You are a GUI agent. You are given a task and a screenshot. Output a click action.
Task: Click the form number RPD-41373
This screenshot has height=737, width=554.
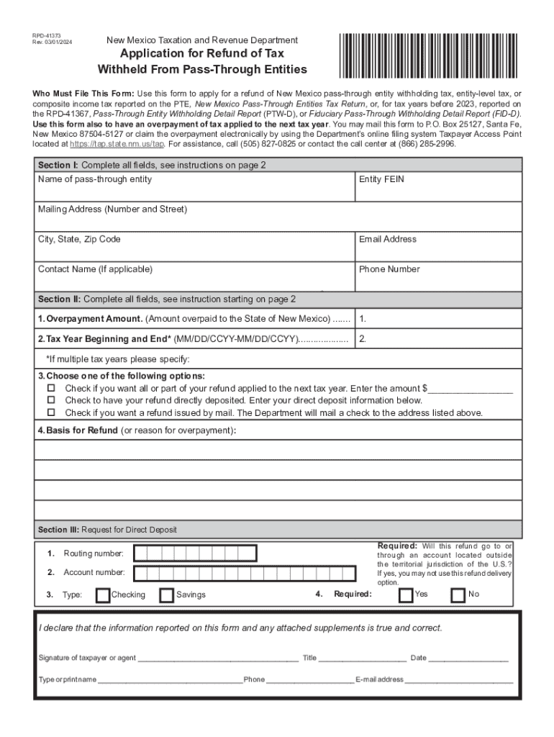[47, 35]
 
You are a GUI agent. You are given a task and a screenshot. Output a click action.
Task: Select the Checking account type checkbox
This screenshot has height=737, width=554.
[103, 594]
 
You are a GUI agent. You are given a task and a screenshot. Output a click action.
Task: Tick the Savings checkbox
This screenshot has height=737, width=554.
[166, 594]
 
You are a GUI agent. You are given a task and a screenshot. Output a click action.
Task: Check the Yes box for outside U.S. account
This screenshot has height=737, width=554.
[406, 594]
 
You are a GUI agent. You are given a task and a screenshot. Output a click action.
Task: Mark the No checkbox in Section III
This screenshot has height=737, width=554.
[458, 594]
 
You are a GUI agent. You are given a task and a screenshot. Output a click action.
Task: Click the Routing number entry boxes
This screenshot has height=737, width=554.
[195, 553]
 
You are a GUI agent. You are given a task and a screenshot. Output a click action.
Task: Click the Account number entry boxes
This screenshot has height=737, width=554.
[245, 573]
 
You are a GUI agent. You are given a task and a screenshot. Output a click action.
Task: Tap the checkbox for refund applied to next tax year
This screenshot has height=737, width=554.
[51, 389]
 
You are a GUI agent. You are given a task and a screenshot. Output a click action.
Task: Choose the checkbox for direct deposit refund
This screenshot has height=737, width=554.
[51, 401]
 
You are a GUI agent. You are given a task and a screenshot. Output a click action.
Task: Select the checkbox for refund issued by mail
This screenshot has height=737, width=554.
[51, 413]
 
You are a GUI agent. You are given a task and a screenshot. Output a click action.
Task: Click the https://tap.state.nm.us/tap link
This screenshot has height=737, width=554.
[117, 144]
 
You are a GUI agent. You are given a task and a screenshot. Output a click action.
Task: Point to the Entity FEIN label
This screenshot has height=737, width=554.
[381, 179]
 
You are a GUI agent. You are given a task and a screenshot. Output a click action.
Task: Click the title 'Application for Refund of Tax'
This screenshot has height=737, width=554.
[201, 54]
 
